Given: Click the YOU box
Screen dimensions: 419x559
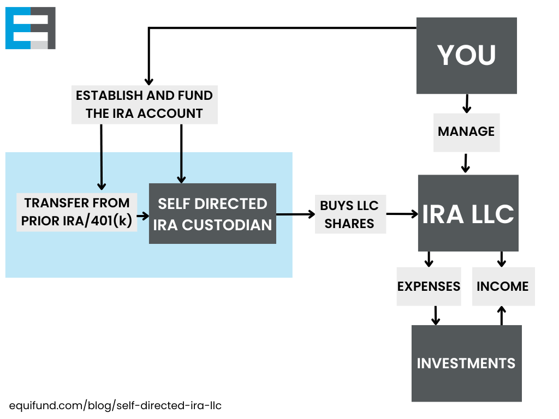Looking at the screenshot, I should point(466,55).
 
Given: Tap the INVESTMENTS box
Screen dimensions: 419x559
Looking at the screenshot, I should point(466,363).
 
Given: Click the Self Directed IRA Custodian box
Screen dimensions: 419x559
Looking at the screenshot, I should point(212,213).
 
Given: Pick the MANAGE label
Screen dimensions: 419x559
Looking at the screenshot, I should point(466,132).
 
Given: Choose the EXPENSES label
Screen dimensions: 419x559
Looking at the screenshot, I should point(429,286).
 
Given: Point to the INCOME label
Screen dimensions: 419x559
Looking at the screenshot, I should point(503,286).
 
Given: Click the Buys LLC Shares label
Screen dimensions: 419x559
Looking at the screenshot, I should point(350,214).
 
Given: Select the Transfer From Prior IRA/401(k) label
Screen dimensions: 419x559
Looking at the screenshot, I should point(76,212).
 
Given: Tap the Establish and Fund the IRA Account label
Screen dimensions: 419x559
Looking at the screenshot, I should point(145,104).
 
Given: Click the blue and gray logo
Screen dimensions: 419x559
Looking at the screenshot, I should point(31,28).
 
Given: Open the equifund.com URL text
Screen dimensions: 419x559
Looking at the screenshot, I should point(115,406).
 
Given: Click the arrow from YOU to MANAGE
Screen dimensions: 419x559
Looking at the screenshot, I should point(466,103).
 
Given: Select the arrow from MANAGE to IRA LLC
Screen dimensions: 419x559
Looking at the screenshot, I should point(466,163).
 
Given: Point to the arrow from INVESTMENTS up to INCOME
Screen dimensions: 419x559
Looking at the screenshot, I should point(502,315).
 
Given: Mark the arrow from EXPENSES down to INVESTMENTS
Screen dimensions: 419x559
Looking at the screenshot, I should point(436,315).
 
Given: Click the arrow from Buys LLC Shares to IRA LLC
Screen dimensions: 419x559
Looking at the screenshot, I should point(402,214).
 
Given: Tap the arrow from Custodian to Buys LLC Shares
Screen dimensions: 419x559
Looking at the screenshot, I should point(295,214).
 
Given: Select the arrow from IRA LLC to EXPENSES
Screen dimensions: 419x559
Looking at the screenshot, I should point(429,259).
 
